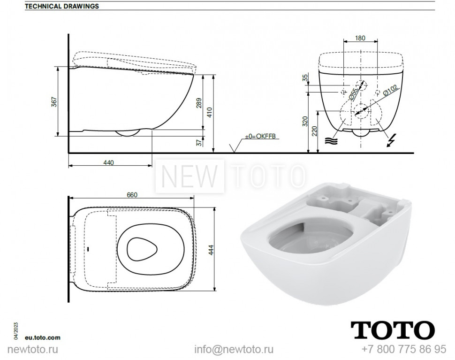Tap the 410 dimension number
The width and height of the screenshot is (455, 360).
(x=210, y=112)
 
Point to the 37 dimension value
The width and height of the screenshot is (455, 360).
(x=198, y=141)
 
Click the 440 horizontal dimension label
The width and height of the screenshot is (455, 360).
(x=109, y=162)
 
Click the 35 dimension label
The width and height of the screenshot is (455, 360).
(x=305, y=78)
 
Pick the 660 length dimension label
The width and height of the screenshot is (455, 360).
(x=132, y=195)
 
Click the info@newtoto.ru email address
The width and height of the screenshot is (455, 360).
(x=234, y=350)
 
